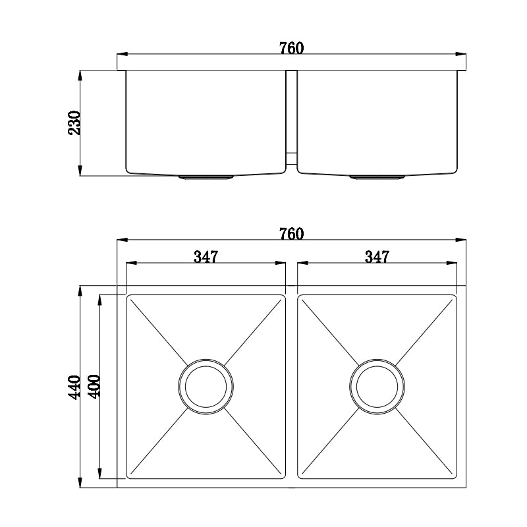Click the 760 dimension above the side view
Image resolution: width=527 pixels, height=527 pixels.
tap(291, 48)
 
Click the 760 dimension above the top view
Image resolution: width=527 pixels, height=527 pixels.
tap(291, 233)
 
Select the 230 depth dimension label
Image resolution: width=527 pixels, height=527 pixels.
tap(74, 123)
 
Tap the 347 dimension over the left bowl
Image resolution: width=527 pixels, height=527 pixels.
tap(206, 257)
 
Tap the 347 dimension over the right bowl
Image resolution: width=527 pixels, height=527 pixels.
tap(377, 257)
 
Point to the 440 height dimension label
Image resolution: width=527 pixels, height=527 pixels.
tap(74, 387)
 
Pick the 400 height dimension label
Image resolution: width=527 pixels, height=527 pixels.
tap(93, 387)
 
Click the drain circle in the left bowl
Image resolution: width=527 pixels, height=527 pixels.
tap(206, 386)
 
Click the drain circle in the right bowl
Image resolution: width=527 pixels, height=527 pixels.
tap(377, 386)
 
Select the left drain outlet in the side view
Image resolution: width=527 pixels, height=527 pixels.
tap(206, 177)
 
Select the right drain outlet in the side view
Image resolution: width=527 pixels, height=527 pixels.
tap(377, 177)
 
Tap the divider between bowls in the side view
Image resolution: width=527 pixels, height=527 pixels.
tap(291, 119)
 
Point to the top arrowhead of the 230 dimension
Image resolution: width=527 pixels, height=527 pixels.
tap(80, 74)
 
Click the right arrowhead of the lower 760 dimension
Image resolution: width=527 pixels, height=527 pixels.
tap(462, 240)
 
